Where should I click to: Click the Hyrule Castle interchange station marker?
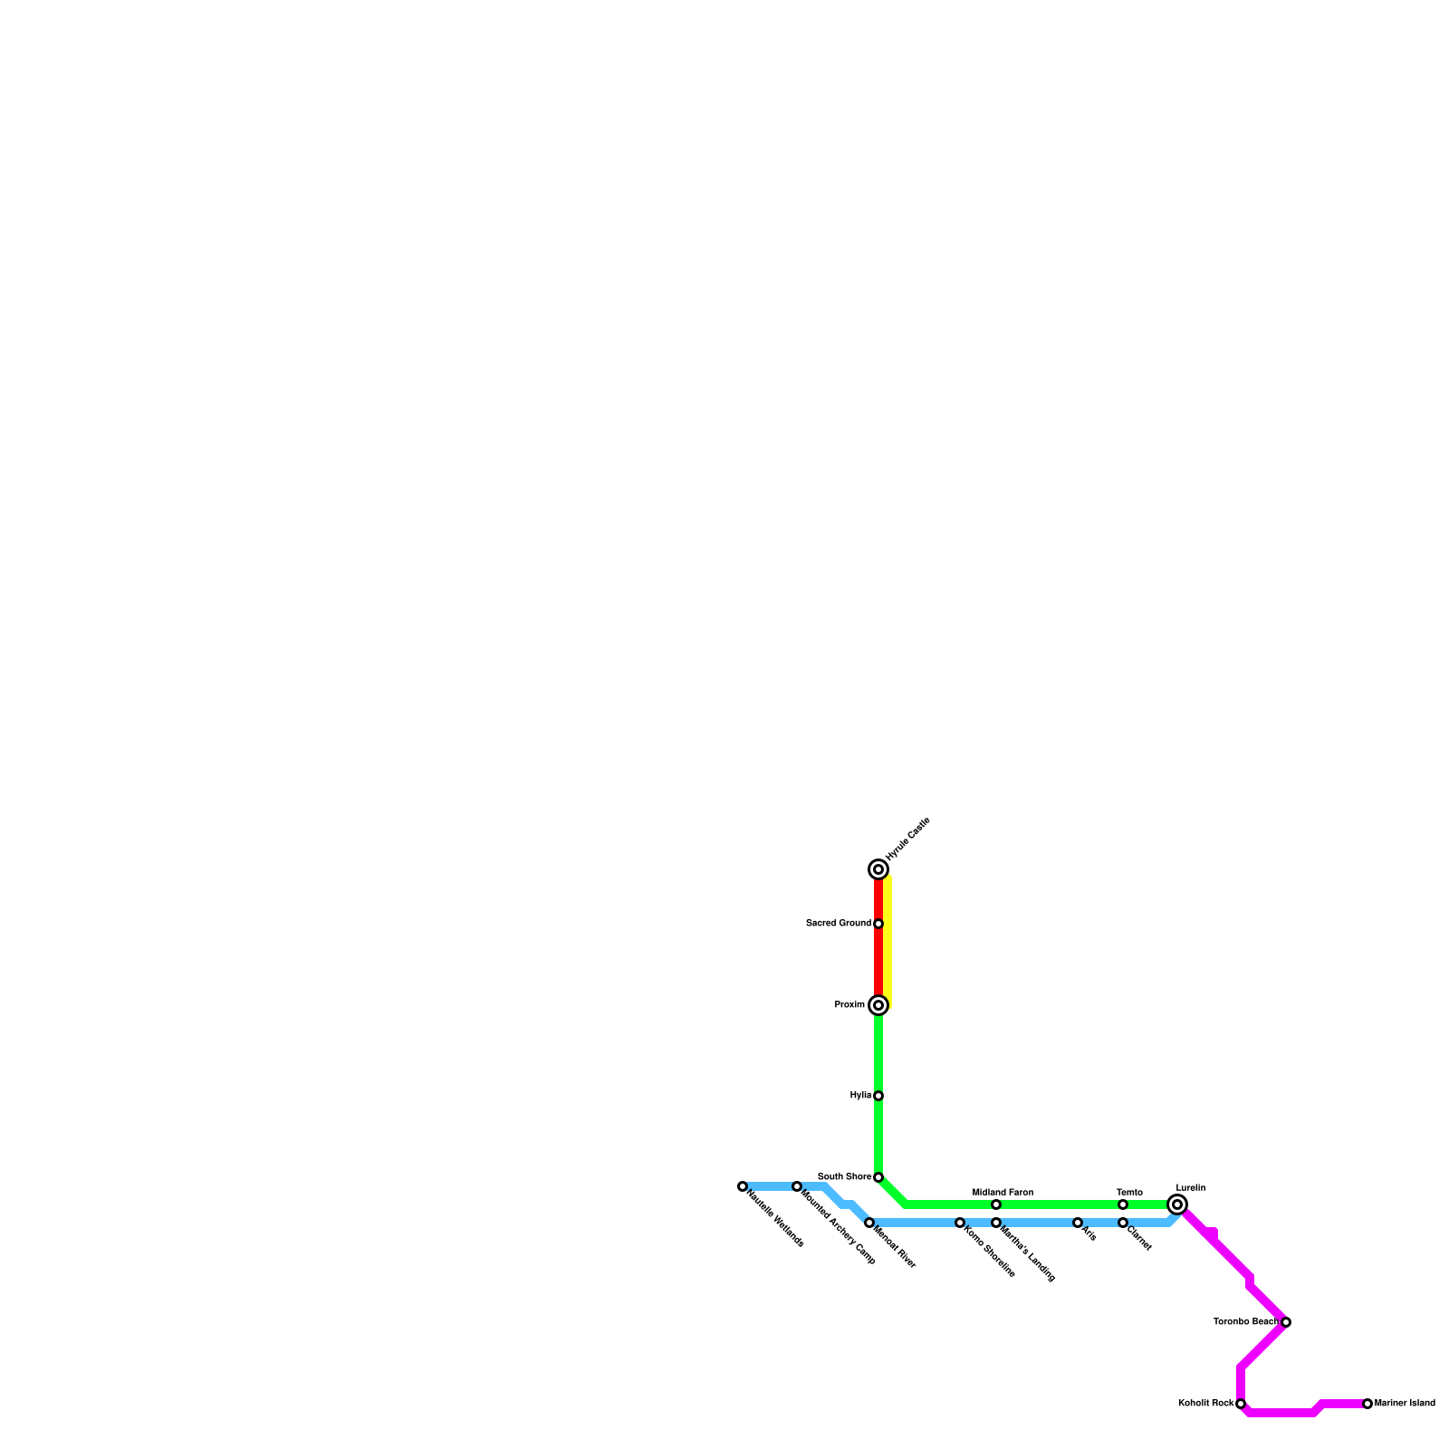[x=878, y=869]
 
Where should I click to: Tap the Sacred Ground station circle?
[x=878, y=924]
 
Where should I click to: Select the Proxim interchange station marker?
[x=878, y=1005]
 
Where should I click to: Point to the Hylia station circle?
[x=878, y=1096]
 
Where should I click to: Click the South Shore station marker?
[x=878, y=1177]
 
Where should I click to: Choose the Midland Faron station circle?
[x=995, y=1204]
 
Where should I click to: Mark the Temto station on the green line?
[x=1122, y=1204]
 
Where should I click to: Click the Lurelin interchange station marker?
[x=1176, y=1204]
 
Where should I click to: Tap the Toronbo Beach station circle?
[x=1285, y=1322]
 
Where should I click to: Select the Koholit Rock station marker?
[x=1240, y=1404]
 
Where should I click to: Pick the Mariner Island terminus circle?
[x=1367, y=1404]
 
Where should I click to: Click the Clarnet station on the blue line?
[x=1122, y=1223]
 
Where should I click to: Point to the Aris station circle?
[x=1077, y=1223]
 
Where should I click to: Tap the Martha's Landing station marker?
[x=995, y=1223]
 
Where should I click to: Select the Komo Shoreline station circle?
[x=959, y=1223]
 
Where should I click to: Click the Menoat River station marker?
[x=868, y=1223]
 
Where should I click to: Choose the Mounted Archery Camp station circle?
[x=796, y=1186]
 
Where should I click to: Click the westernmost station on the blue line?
[x=742, y=1186]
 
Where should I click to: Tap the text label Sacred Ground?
[x=838, y=924]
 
